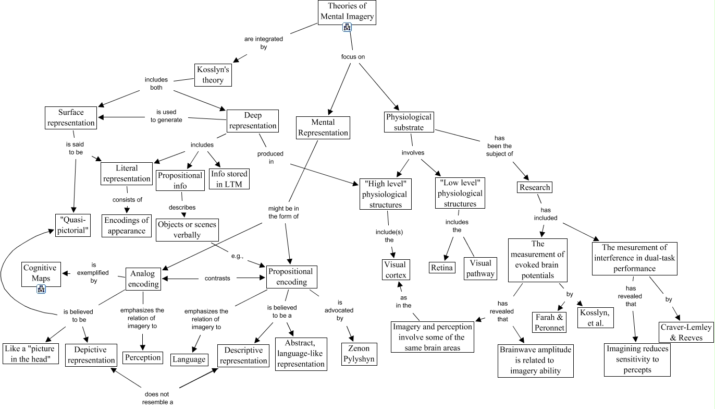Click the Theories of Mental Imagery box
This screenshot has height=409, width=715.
click(x=347, y=11)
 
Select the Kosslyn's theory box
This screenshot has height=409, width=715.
click(x=213, y=75)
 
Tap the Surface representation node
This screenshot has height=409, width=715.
click(x=71, y=117)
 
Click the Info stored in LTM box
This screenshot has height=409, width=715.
click(x=229, y=179)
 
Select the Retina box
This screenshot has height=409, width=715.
click(x=442, y=268)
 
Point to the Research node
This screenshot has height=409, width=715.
click(x=535, y=187)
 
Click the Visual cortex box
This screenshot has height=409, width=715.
click(x=394, y=270)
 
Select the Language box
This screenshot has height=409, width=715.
click(x=189, y=359)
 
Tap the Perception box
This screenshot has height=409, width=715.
click(x=143, y=358)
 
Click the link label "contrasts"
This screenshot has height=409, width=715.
click(x=217, y=279)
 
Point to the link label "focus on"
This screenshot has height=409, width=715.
click(x=349, y=56)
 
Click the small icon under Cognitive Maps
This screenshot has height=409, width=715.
click(x=41, y=288)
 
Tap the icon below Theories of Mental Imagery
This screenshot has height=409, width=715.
click(x=347, y=28)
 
